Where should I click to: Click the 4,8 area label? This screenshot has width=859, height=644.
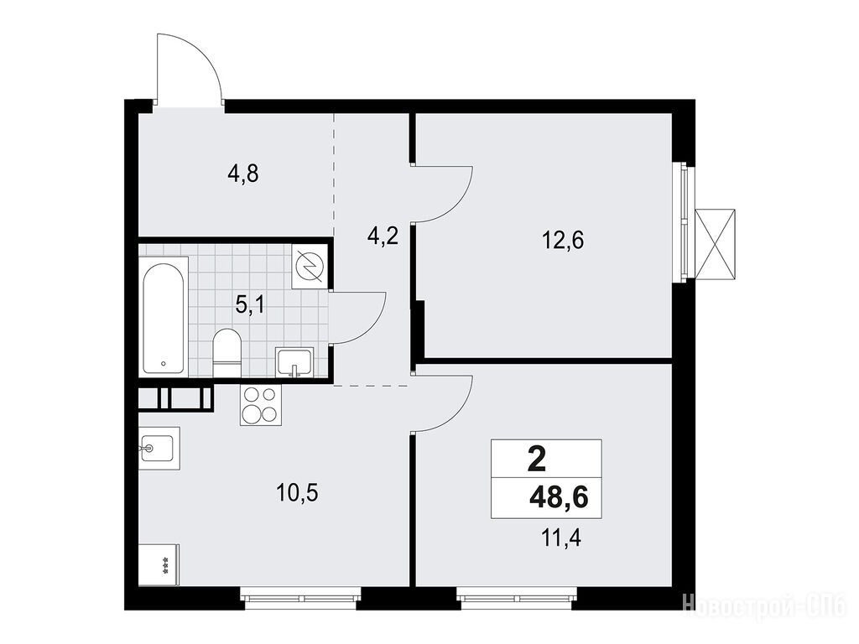pos(242,174)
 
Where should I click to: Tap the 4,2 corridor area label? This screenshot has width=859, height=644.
pos(383,236)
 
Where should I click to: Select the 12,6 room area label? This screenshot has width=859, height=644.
pos(563,240)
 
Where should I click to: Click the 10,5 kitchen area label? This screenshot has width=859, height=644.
pos(298,493)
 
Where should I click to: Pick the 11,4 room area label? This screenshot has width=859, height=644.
pos(560,538)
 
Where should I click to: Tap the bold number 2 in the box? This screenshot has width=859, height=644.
pos(537,459)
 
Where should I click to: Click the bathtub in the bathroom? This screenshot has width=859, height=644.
pos(164,318)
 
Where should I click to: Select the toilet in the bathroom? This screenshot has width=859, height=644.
pos(226,353)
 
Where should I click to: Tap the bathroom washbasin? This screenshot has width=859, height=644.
pos(294,362)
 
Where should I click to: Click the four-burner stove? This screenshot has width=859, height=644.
pos(260,405)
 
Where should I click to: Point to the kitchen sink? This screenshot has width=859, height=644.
pos(159,448)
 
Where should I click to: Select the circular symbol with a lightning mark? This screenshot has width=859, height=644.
pos(310,266)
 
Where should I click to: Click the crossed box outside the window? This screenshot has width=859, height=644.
pos(715,244)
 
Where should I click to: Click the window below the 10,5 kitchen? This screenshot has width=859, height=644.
pos(300,599)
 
